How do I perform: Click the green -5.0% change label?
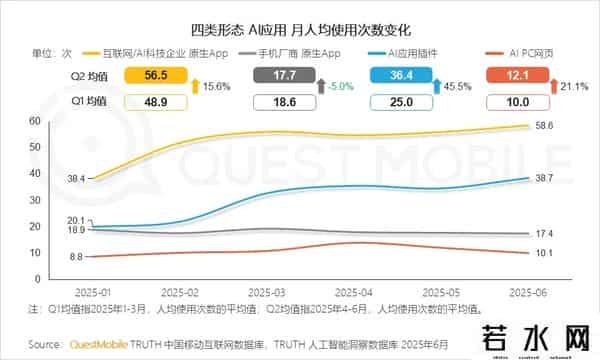pos(342,86)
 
